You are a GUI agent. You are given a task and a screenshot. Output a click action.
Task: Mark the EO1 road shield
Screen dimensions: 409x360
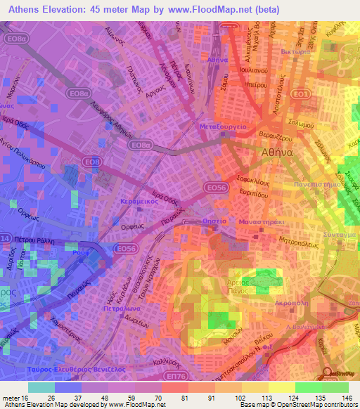(x=301, y=93)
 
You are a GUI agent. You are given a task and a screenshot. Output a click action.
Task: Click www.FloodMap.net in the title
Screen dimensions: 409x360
(x=216, y=10)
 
